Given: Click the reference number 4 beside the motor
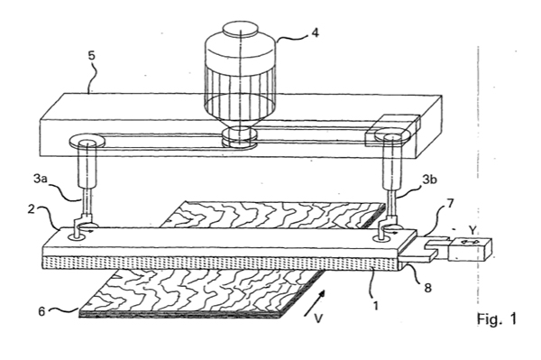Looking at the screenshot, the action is point(315,32).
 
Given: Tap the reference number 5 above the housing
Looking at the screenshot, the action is point(91,56).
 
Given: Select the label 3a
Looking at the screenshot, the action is point(40,179).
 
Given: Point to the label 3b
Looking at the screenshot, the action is point(429,180).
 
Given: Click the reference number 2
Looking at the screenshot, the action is point(32,209).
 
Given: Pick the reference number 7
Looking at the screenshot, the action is point(450,203).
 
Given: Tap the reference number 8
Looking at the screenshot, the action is point(427,288).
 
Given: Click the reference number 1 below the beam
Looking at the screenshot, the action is point(376,306).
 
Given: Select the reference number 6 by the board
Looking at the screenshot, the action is point(41,311).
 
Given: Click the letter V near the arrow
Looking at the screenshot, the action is point(318,318).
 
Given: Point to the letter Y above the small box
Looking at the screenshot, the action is point(472,230).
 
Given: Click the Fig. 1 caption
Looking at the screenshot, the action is point(497,318).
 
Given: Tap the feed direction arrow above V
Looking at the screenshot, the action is point(315,302).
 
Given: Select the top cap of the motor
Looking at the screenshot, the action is point(240,28).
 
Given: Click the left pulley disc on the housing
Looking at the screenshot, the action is point(87,141).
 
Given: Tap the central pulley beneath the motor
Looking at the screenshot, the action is point(240,137).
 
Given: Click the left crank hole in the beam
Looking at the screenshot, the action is point(77,236).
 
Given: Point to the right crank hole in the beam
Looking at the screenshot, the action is point(383,238).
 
